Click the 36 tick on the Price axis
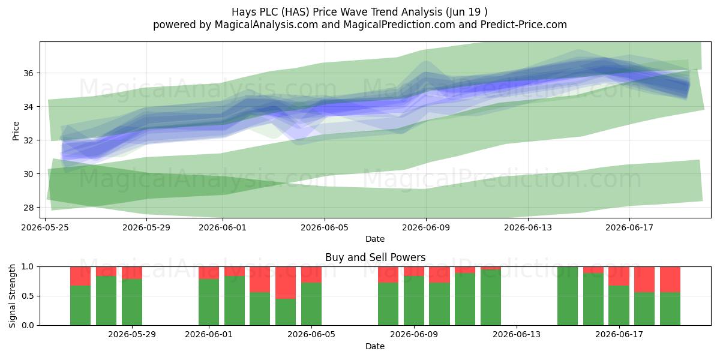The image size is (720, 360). [x=28, y=73]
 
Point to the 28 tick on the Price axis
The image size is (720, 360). [x=28, y=208]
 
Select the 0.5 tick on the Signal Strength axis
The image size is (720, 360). [x=28, y=296]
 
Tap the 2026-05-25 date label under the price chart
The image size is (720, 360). [x=45, y=227]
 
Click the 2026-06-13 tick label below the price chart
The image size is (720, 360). [x=528, y=227]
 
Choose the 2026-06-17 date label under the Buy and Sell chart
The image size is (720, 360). [x=619, y=335]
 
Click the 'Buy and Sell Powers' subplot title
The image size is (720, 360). [x=376, y=257]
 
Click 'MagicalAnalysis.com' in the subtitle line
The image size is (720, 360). [x=266, y=25]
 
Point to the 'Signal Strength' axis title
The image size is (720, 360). [x=12, y=296]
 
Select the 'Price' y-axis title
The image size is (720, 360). [x=16, y=131]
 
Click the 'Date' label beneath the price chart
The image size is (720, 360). [x=375, y=239]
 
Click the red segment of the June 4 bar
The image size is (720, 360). [x=286, y=283]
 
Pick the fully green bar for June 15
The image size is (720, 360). [x=568, y=296]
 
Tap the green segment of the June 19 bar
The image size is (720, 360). [x=670, y=309]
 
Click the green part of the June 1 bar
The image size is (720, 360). [x=209, y=302]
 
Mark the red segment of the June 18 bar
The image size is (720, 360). [x=644, y=280]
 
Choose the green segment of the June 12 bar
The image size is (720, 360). [x=491, y=298]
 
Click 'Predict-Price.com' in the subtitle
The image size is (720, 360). [x=524, y=25]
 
